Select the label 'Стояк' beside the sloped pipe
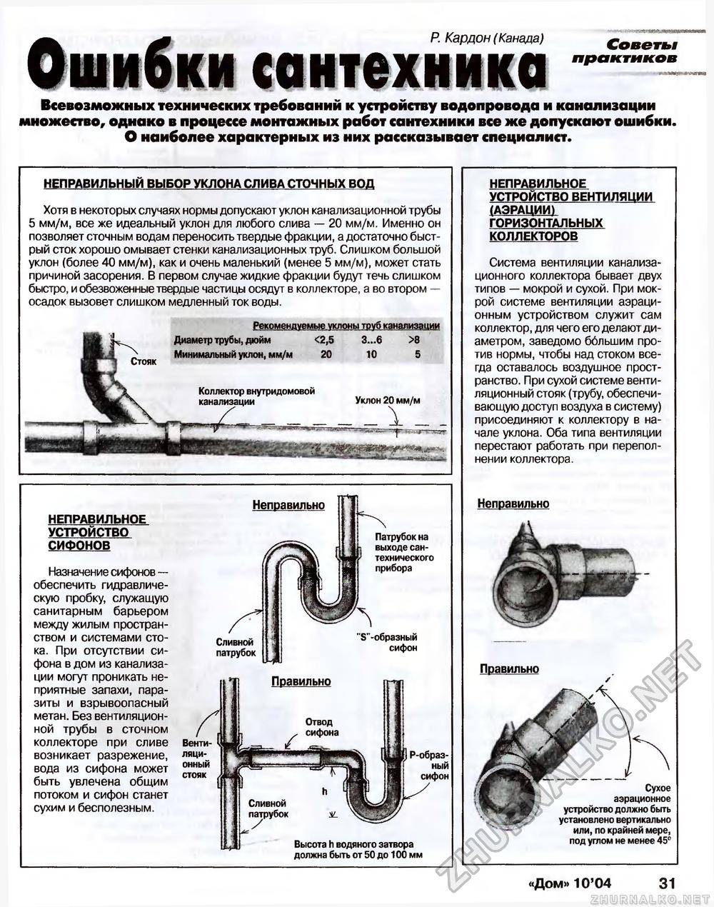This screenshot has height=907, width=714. pyautogui.click(x=144, y=361)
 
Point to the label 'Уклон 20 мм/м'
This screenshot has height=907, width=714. pyautogui.click(x=387, y=400)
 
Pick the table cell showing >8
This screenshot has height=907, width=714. pyautogui.click(x=413, y=339)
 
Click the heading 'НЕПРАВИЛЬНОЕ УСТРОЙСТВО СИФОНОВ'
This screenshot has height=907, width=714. pyautogui.click(x=98, y=531)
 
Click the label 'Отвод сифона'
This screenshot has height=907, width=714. pyautogui.click(x=318, y=727)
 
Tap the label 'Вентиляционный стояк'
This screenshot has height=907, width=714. pyautogui.click(x=195, y=758)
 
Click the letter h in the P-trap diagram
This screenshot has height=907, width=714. pyautogui.click(x=323, y=791)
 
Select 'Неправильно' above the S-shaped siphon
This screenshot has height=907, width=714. pyautogui.click(x=288, y=505)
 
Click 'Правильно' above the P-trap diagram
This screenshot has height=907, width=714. pyautogui.click(x=301, y=681)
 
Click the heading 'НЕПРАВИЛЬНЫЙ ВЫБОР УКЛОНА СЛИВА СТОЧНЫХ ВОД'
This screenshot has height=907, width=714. pyautogui.click(x=208, y=184)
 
